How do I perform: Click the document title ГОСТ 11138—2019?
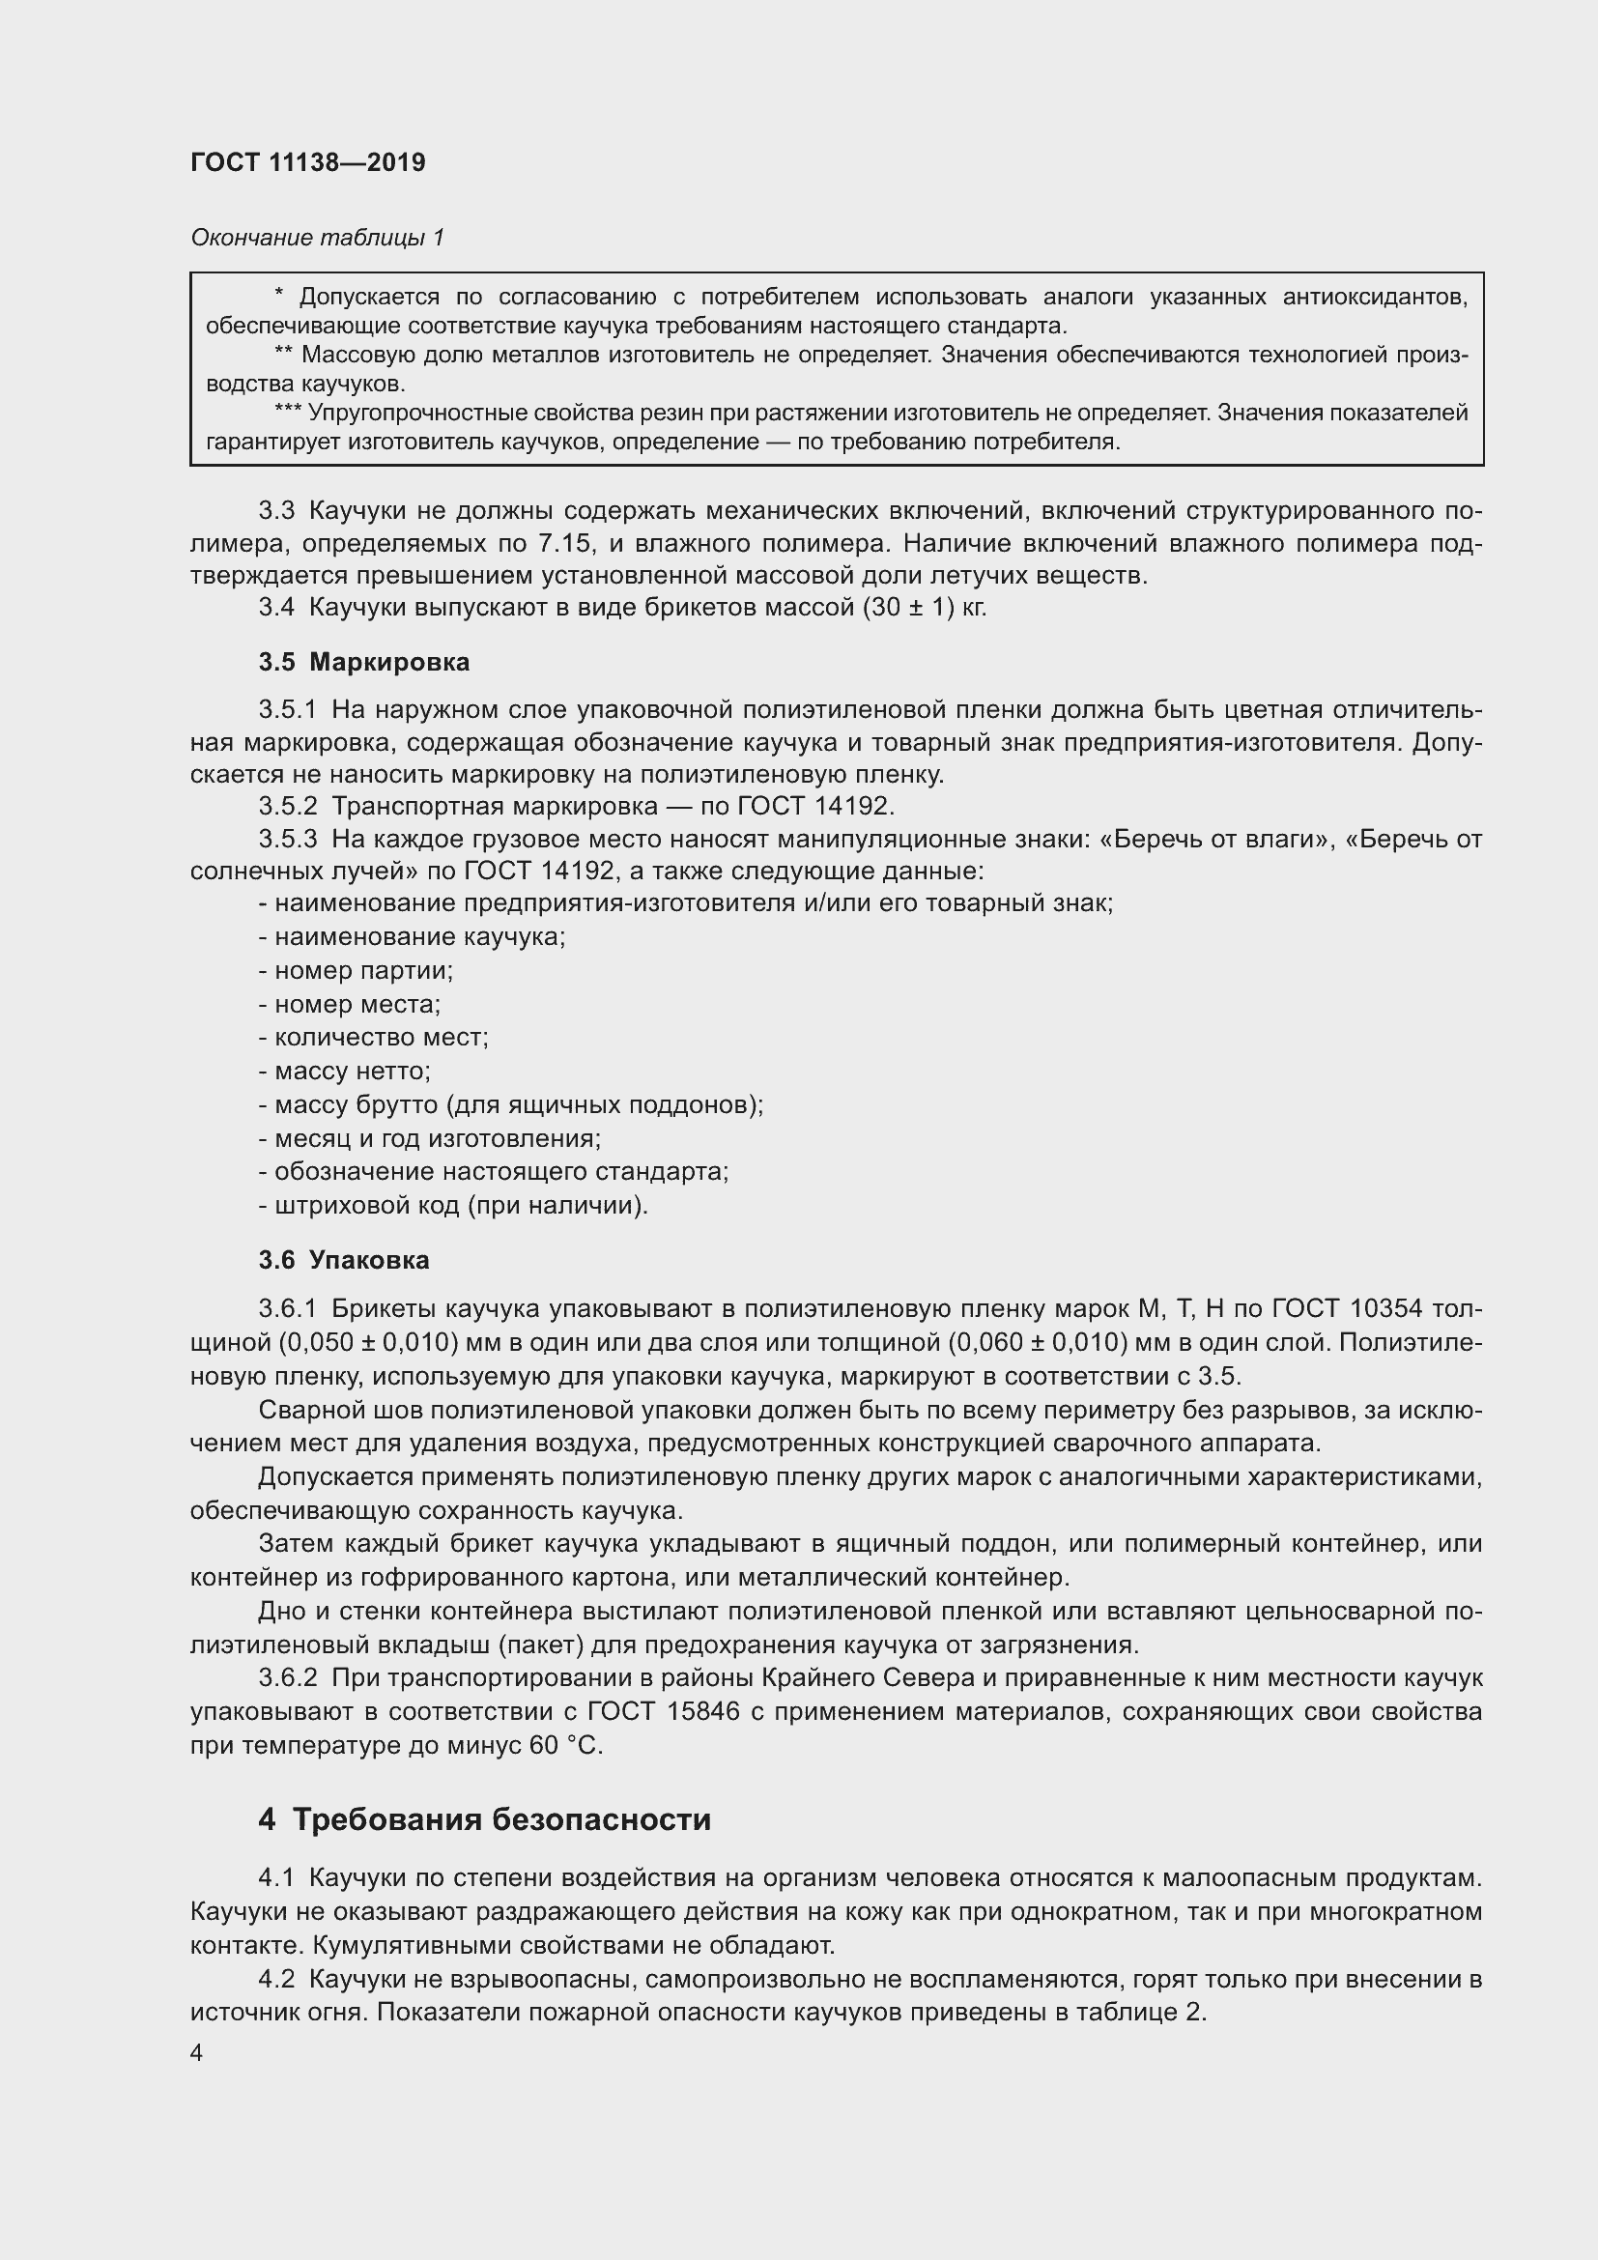tap(307, 162)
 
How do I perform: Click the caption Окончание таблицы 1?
tap(317, 238)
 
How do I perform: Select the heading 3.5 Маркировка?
tap(364, 663)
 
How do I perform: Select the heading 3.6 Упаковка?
tap(343, 1260)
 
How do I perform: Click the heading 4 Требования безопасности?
tap(484, 1819)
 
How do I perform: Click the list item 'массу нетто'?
tap(345, 1071)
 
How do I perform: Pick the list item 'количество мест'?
tap(374, 1038)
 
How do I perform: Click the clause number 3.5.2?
tap(288, 806)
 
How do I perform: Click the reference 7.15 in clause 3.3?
tap(565, 543)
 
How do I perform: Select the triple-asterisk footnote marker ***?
tap(288, 414)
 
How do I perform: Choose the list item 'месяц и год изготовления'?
tap(430, 1138)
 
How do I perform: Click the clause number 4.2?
tap(277, 1979)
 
